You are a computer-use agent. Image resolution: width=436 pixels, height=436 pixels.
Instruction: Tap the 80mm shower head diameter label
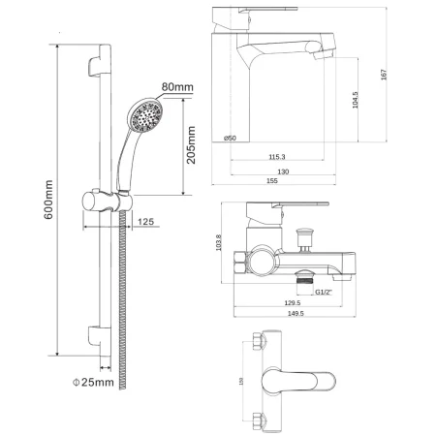177,89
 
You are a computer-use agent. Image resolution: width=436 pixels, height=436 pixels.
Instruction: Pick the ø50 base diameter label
230,138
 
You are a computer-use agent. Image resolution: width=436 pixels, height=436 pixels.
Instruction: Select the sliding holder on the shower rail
97,204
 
